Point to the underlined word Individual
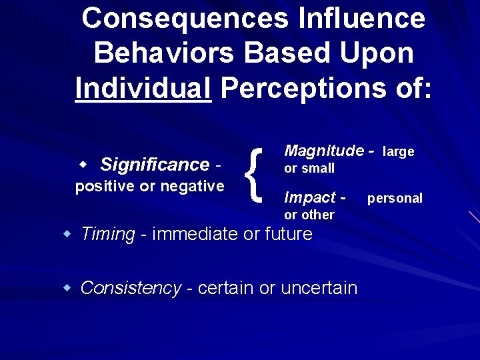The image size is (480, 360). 143,88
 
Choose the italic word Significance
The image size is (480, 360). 155,164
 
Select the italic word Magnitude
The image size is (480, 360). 324,151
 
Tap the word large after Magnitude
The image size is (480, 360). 399,152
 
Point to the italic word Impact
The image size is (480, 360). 310,197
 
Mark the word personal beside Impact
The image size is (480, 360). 395,198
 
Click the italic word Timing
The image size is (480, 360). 107,234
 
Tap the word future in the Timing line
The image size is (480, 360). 288,234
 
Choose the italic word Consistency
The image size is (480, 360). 131,288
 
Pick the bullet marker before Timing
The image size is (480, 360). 67,233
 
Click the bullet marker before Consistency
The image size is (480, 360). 67,287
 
